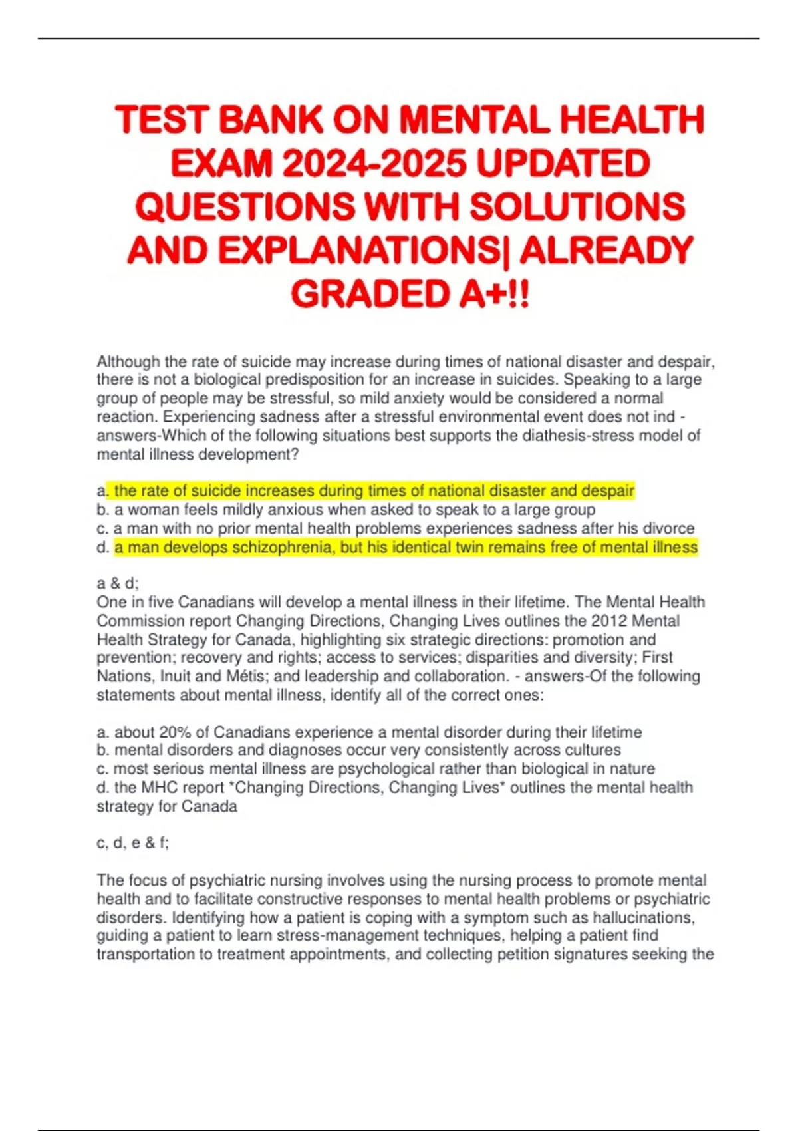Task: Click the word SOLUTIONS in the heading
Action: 577,207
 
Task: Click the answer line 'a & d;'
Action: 118,583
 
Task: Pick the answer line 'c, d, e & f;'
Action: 132,843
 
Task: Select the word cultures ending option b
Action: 592,750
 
